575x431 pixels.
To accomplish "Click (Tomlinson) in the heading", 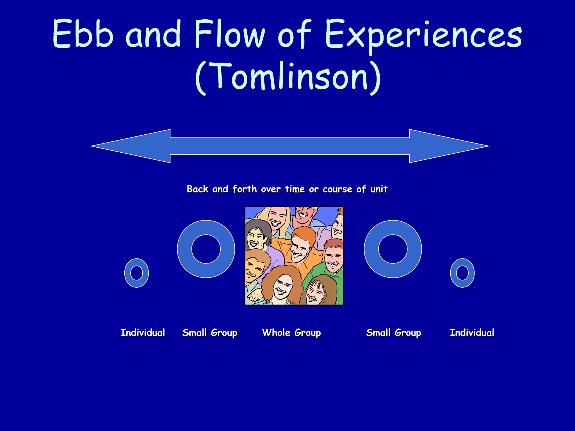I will click(x=287, y=76).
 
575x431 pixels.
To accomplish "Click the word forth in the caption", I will click(x=245, y=189).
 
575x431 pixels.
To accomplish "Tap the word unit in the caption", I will click(x=379, y=189).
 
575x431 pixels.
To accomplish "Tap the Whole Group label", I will click(x=291, y=333).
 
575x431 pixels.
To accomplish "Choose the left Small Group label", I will click(x=210, y=333).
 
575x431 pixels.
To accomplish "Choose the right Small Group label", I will click(x=393, y=333).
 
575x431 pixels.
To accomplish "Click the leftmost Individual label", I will click(x=143, y=333).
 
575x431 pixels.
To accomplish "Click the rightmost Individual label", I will click(x=472, y=333).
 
